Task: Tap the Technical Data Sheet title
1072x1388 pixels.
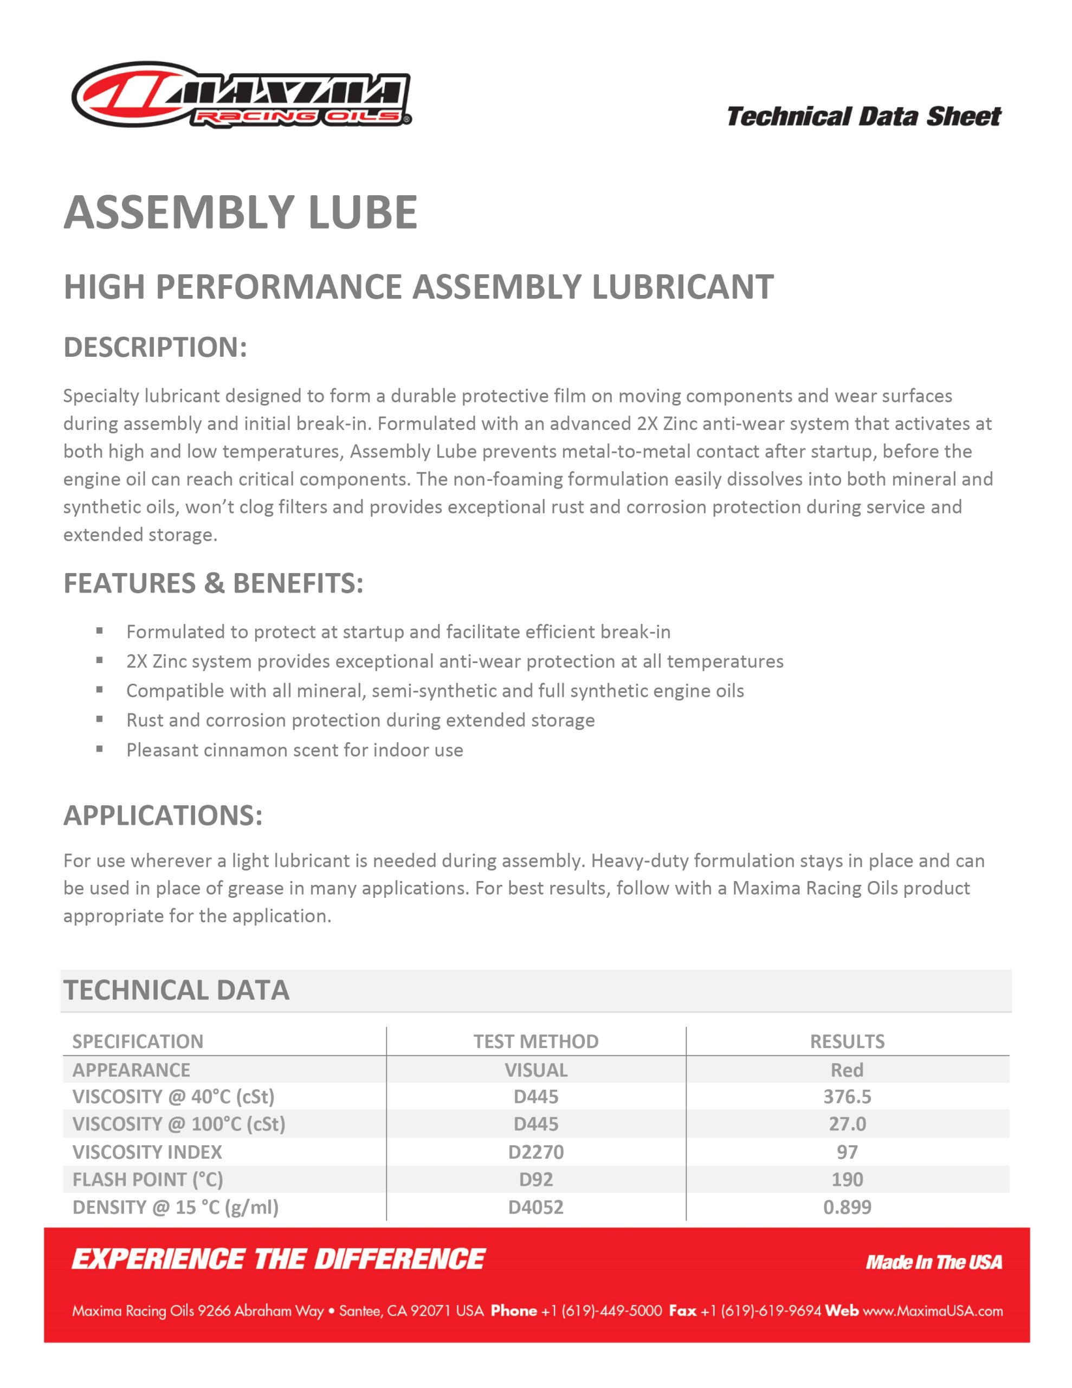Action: point(863,117)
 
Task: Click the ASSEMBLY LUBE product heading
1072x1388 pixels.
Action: point(240,213)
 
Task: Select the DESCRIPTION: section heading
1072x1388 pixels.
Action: point(155,348)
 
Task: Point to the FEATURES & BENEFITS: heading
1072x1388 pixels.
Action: point(214,583)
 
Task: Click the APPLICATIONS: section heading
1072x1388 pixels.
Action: point(163,815)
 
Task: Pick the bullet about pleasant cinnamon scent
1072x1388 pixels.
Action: point(294,750)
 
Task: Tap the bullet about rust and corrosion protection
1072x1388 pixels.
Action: point(360,720)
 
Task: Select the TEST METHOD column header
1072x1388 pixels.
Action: point(535,1041)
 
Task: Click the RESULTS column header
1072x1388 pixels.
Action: point(847,1041)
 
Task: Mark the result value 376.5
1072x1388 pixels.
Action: point(847,1096)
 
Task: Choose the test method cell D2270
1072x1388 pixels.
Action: point(535,1152)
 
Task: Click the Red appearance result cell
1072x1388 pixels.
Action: point(847,1070)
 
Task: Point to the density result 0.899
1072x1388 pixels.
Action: point(847,1207)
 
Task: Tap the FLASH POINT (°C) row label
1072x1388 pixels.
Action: point(147,1180)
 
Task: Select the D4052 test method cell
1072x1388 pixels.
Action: point(535,1207)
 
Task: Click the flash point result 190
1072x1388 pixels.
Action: point(847,1180)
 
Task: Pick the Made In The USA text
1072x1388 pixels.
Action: point(933,1262)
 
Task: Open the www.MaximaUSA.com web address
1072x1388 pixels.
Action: point(932,1311)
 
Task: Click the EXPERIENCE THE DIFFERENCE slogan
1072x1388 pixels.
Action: point(279,1260)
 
